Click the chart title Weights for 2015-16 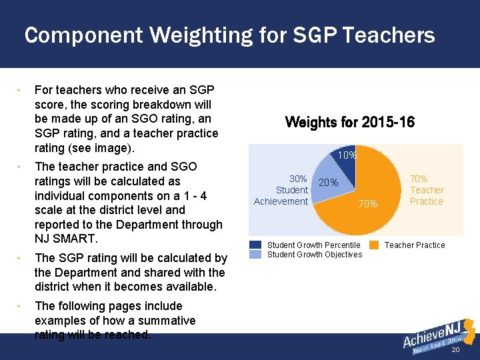349,123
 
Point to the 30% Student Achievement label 281,190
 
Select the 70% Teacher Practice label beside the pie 427,190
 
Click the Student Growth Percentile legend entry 313,245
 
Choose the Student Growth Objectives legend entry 314,254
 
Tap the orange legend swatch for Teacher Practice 374,245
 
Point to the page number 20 456,351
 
